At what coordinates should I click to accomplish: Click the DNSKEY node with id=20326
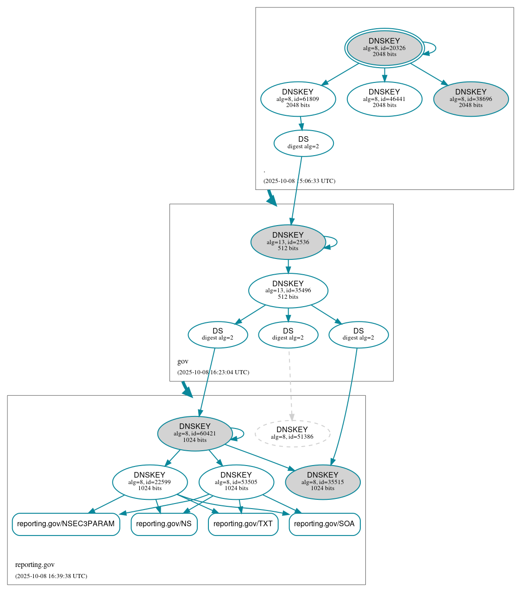(384, 48)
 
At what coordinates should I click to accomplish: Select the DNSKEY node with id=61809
(298, 99)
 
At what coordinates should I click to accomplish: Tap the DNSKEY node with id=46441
(384, 99)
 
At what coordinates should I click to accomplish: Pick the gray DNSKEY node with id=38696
(471, 99)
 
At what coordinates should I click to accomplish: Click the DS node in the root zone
(303, 143)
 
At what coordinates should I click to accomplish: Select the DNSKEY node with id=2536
(288, 242)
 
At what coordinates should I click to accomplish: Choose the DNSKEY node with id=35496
(288, 290)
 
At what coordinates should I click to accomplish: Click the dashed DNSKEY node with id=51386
(292, 433)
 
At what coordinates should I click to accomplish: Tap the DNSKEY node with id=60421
(195, 433)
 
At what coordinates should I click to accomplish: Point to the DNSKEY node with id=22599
(150, 482)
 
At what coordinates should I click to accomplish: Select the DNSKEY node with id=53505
(236, 482)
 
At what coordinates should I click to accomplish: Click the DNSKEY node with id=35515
(322, 482)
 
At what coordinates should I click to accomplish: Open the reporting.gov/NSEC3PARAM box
(66, 524)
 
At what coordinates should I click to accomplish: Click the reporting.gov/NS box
(164, 524)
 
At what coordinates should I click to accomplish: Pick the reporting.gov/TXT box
(243, 524)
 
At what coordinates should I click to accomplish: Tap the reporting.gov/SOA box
(324, 524)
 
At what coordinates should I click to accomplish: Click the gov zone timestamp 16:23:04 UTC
(213, 372)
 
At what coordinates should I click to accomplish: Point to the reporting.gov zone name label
(35, 565)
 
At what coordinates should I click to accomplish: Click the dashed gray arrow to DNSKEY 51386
(290, 384)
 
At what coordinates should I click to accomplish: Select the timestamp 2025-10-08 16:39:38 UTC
(51, 576)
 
